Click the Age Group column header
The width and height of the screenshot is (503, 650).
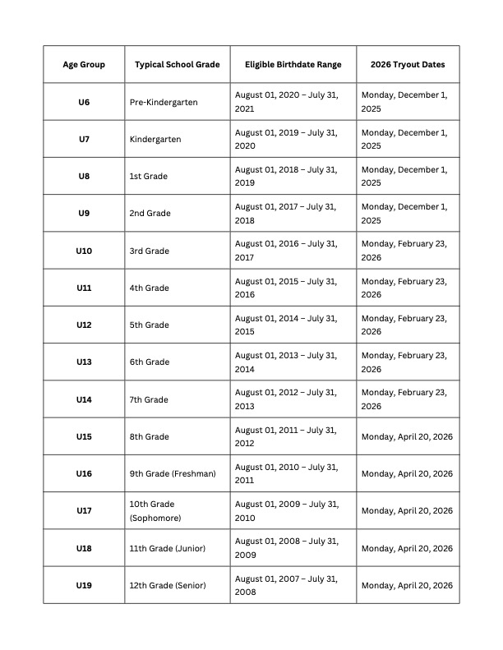(84, 64)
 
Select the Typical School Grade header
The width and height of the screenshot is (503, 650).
(178, 64)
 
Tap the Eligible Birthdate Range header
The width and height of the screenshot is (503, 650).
(293, 64)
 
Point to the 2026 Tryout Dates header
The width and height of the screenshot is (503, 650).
(408, 64)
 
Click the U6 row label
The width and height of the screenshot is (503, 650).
(84, 102)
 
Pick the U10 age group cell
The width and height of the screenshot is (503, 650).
(84, 251)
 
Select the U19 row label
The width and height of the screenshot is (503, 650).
(84, 585)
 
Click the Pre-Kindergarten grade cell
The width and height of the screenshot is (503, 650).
(164, 102)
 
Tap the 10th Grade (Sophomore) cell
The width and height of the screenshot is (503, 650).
(155, 510)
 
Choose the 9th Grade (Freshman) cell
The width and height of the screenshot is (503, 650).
(173, 473)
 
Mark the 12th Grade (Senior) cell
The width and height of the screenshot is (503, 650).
(168, 585)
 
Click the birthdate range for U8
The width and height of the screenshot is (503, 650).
(286, 176)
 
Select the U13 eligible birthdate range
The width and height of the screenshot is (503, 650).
(286, 362)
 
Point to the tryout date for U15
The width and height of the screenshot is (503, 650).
(407, 436)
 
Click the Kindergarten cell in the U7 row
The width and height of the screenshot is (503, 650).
(155, 139)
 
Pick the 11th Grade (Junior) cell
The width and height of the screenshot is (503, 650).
(168, 548)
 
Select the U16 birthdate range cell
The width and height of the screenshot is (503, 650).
(286, 473)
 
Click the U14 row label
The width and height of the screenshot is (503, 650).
(84, 399)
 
